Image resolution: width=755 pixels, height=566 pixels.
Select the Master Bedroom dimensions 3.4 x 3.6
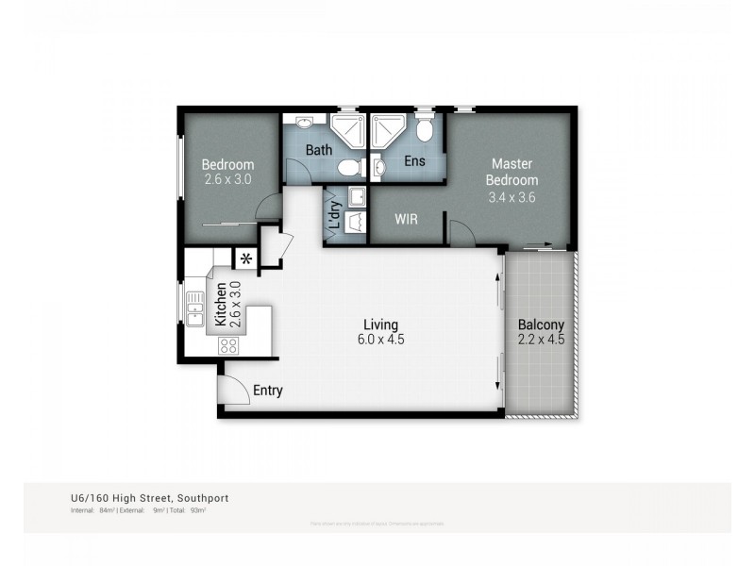coord(512,197)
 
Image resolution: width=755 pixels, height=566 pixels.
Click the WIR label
coord(406,219)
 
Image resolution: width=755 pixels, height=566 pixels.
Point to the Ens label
coord(414,161)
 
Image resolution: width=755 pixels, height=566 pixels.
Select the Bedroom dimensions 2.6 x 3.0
coord(227,178)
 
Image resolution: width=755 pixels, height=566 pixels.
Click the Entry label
coord(267,391)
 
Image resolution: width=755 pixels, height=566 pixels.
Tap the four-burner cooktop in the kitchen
coord(228,345)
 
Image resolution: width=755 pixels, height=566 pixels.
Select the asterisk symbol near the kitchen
coord(245,258)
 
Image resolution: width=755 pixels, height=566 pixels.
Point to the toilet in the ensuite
coord(426,129)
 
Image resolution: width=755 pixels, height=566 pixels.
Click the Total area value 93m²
coord(198,510)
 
